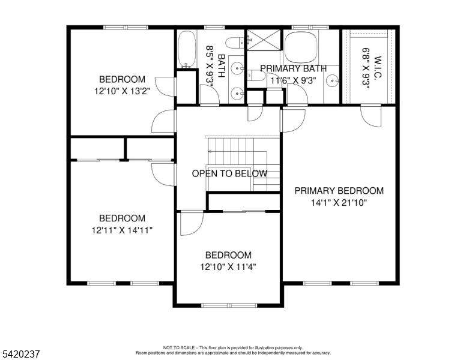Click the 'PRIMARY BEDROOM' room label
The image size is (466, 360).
point(339,191)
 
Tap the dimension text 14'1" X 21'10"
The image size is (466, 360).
point(339,203)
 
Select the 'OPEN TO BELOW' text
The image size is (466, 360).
point(229,174)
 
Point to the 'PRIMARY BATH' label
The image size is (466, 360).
point(294,68)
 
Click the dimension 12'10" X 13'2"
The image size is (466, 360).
point(122,91)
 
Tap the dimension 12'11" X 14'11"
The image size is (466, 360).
point(122,230)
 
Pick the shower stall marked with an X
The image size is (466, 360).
point(263,40)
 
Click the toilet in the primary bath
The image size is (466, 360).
point(255,76)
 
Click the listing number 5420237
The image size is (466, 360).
point(21,354)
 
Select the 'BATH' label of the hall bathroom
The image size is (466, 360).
point(221,66)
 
